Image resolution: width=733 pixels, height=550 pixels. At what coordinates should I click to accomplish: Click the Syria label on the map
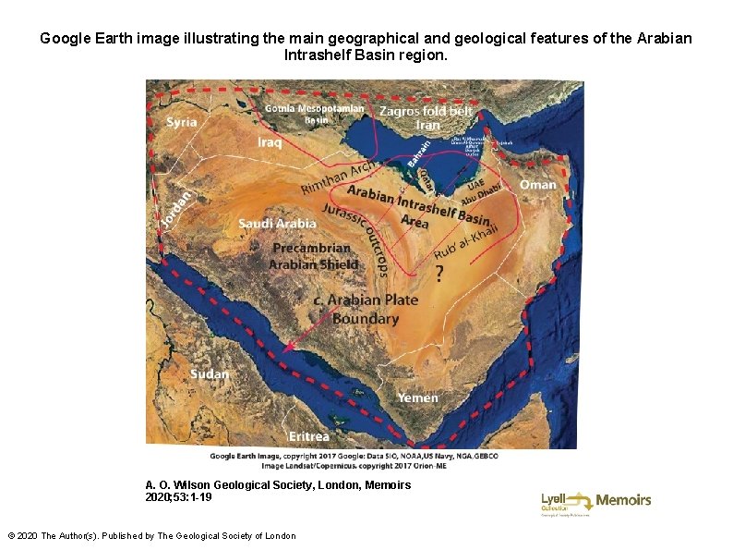(181, 121)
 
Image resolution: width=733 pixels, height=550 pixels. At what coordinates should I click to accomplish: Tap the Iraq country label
(270, 142)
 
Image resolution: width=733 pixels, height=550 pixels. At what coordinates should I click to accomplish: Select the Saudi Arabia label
(277, 224)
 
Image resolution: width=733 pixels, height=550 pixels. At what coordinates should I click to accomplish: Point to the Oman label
(538, 185)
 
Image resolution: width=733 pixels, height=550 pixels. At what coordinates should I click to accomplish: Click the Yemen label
(418, 397)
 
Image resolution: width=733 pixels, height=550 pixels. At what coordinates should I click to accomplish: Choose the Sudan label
(210, 373)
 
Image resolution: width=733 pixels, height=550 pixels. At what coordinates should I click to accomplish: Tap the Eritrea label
(308, 435)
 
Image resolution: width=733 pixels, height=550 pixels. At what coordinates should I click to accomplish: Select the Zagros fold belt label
(427, 111)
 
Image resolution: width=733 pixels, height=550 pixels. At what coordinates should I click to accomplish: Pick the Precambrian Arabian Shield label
(311, 256)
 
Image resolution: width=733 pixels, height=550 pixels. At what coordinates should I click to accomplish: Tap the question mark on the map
(439, 274)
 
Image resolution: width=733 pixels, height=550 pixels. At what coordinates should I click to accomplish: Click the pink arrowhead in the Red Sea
(289, 348)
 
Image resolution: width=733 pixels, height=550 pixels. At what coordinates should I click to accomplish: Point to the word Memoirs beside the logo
(623, 500)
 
